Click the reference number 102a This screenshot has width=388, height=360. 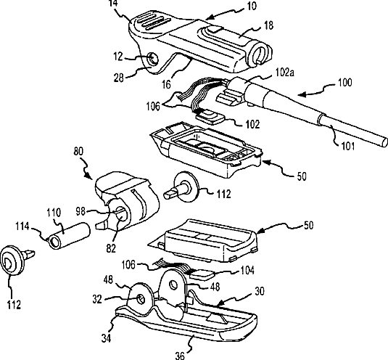click(x=284, y=73)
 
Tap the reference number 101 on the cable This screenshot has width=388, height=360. click(x=348, y=146)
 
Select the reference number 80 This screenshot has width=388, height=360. click(x=78, y=151)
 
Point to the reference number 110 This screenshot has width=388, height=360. click(x=54, y=213)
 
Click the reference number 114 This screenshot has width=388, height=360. click(x=22, y=226)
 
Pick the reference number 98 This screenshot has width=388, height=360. click(x=81, y=212)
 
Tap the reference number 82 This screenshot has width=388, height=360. click(x=111, y=248)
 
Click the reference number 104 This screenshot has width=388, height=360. click(x=247, y=271)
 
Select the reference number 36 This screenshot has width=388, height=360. click(x=180, y=356)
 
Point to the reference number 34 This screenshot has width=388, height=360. click(x=106, y=338)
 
